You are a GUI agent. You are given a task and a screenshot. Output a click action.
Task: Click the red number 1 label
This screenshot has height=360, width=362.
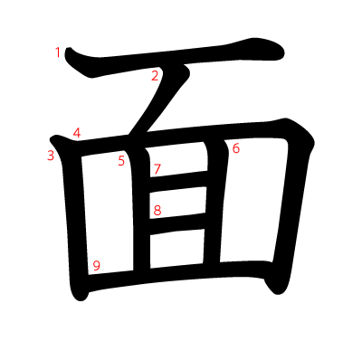[58, 52]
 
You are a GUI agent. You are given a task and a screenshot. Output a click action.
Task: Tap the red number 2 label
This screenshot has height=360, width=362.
[155, 76]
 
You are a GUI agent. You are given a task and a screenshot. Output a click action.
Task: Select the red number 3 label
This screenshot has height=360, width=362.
[51, 156]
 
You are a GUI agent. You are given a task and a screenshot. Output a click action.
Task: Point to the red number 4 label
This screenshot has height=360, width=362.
[77, 133]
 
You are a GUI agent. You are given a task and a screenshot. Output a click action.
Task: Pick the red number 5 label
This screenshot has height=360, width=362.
[121, 162]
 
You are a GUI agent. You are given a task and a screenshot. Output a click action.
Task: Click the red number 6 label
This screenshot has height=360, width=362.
[236, 148]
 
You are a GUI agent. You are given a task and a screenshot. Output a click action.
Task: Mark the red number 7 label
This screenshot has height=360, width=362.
[157, 169]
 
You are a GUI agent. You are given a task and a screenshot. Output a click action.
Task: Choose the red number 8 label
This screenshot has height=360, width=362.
[157, 211]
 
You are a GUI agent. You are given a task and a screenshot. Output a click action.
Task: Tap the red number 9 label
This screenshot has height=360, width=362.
[96, 266]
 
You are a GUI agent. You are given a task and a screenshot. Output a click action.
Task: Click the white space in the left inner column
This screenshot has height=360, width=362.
[109, 217]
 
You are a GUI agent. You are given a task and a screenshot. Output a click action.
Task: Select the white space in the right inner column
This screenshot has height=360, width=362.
[249, 208]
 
